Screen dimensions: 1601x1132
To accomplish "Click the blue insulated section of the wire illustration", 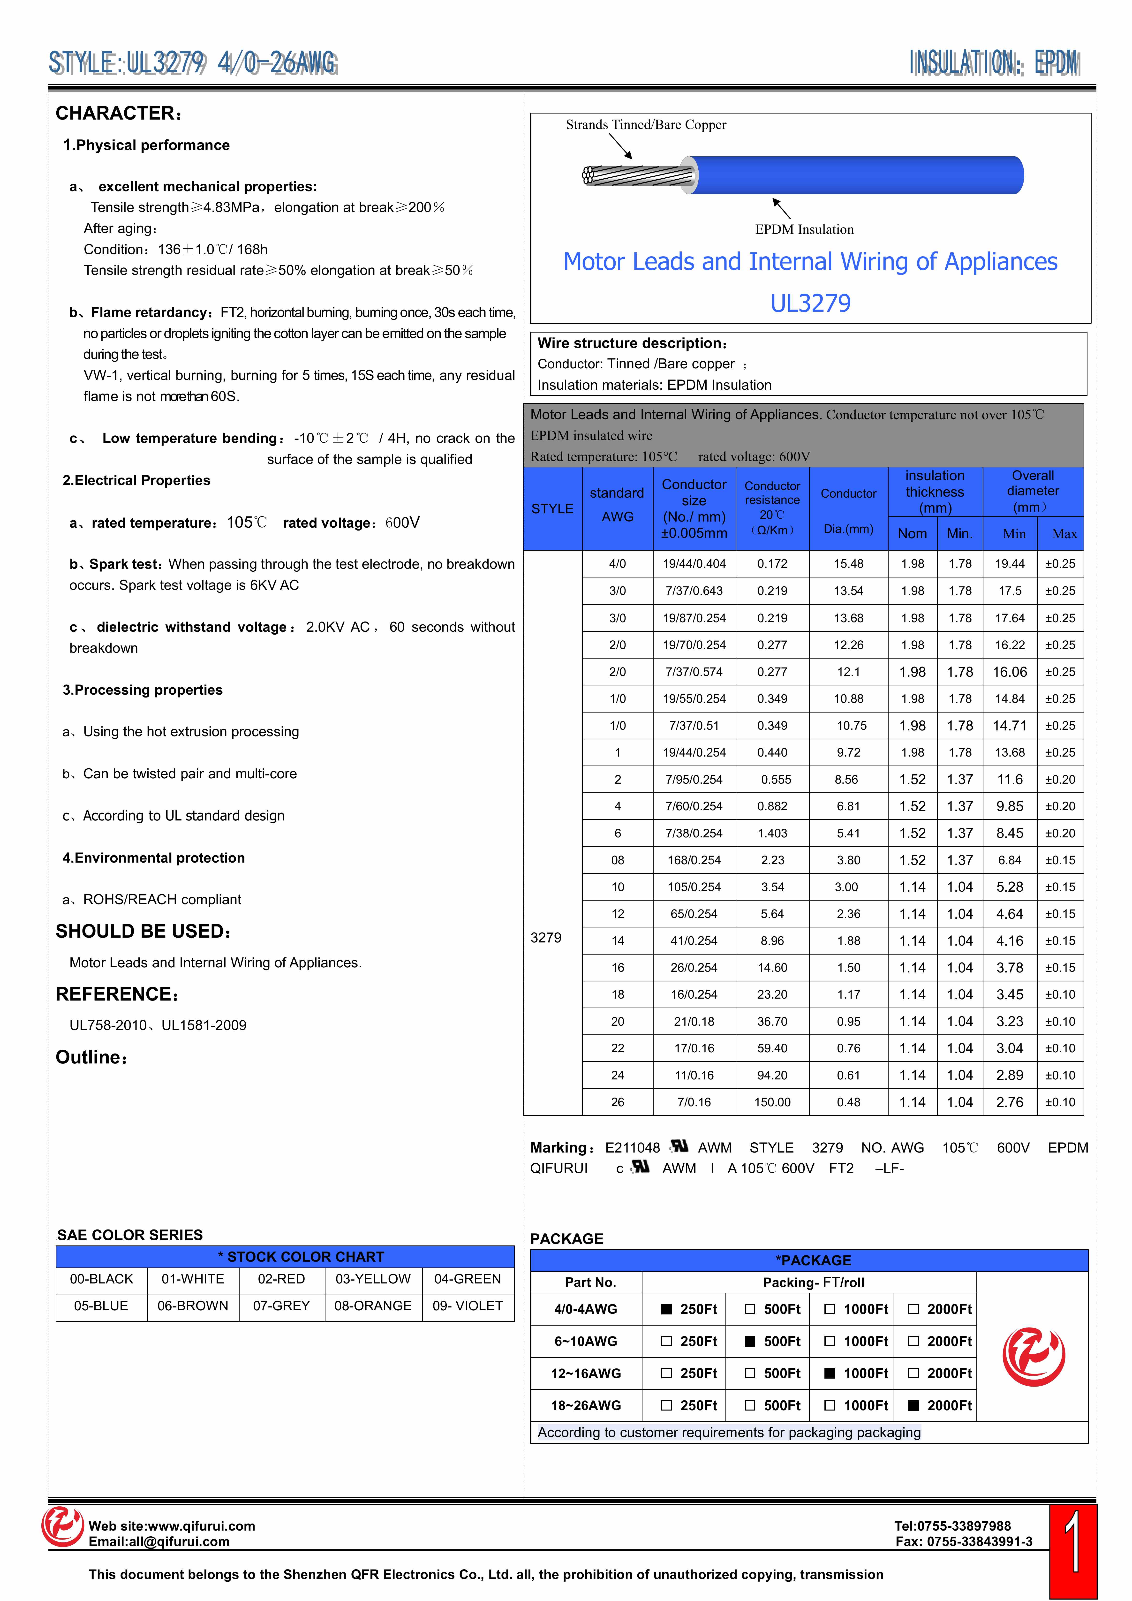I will coord(857,175).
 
